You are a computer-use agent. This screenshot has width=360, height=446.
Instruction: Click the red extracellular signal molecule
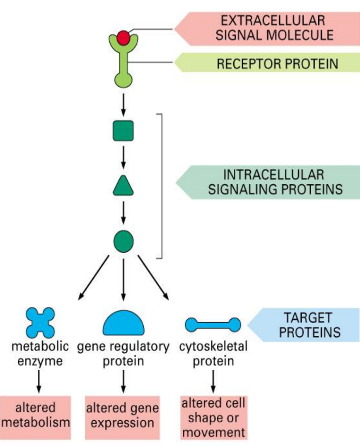click(x=123, y=37)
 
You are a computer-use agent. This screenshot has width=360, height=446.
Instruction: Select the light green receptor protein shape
click(x=123, y=65)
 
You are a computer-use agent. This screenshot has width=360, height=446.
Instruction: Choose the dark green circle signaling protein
click(x=123, y=241)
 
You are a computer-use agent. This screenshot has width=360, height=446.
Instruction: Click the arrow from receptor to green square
click(x=123, y=104)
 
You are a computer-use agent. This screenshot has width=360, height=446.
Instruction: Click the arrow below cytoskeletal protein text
click(x=213, y=380)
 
